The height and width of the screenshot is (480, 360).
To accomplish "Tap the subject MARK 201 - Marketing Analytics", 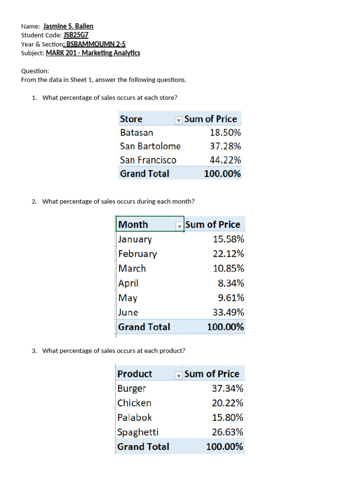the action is tap(93, 53).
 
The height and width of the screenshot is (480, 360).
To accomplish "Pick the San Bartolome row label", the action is tap(150, 146).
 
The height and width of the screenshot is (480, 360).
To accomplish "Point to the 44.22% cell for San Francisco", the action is tap(225, 160).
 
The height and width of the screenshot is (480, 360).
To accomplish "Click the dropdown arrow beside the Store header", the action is tap(178, 120).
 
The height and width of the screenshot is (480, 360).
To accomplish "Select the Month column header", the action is tap(133, 225).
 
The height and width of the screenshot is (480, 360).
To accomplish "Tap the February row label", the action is tap(138, 254).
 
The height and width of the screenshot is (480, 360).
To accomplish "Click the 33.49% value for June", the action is tap(228, 312).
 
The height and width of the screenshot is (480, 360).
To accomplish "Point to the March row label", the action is tap(132, 269).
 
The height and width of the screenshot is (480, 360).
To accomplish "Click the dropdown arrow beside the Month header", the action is tap(179, 226).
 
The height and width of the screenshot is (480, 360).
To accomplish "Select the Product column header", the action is tap(135, 374).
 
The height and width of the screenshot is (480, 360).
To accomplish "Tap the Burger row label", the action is tap(132, 389).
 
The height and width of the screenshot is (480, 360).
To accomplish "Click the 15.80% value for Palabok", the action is tap(227, 418).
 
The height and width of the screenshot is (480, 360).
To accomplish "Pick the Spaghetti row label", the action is tap(138, 432).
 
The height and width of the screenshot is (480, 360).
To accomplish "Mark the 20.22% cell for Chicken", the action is tap(227, 403).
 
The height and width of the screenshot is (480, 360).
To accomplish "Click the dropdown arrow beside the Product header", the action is tap(178, 375).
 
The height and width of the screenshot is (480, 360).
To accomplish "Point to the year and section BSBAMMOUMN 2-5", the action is tap(96, 44).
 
